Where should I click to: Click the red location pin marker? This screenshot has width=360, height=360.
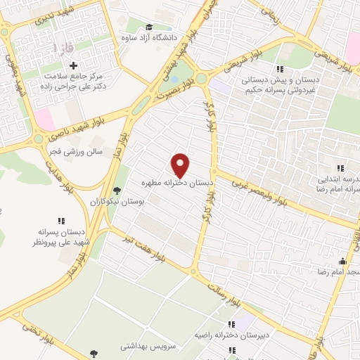click(181, 165)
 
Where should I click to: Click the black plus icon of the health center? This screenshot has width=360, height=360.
click(93, 65)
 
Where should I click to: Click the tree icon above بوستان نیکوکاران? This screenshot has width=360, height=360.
click(117, 190)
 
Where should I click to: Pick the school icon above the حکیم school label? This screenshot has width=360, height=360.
click(281, 68)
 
